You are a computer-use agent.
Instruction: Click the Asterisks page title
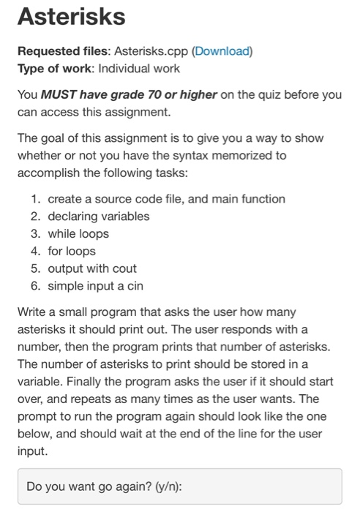[x=63, y=15]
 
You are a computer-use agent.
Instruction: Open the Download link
[x=222, y=52]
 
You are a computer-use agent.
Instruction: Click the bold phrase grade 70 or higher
[x=144, y=96]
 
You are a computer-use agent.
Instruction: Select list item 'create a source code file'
[x=167, y=198]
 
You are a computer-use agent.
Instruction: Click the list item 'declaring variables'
[x=98, y=216]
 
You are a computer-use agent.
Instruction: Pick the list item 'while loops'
[x=78, y=233]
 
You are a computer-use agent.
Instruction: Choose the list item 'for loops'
[x=72, y=251]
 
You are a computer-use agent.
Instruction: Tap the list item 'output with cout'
[x=92, y=268]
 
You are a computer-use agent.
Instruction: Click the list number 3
[x=36, y=233]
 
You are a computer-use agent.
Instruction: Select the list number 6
[x=36, y=286]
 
